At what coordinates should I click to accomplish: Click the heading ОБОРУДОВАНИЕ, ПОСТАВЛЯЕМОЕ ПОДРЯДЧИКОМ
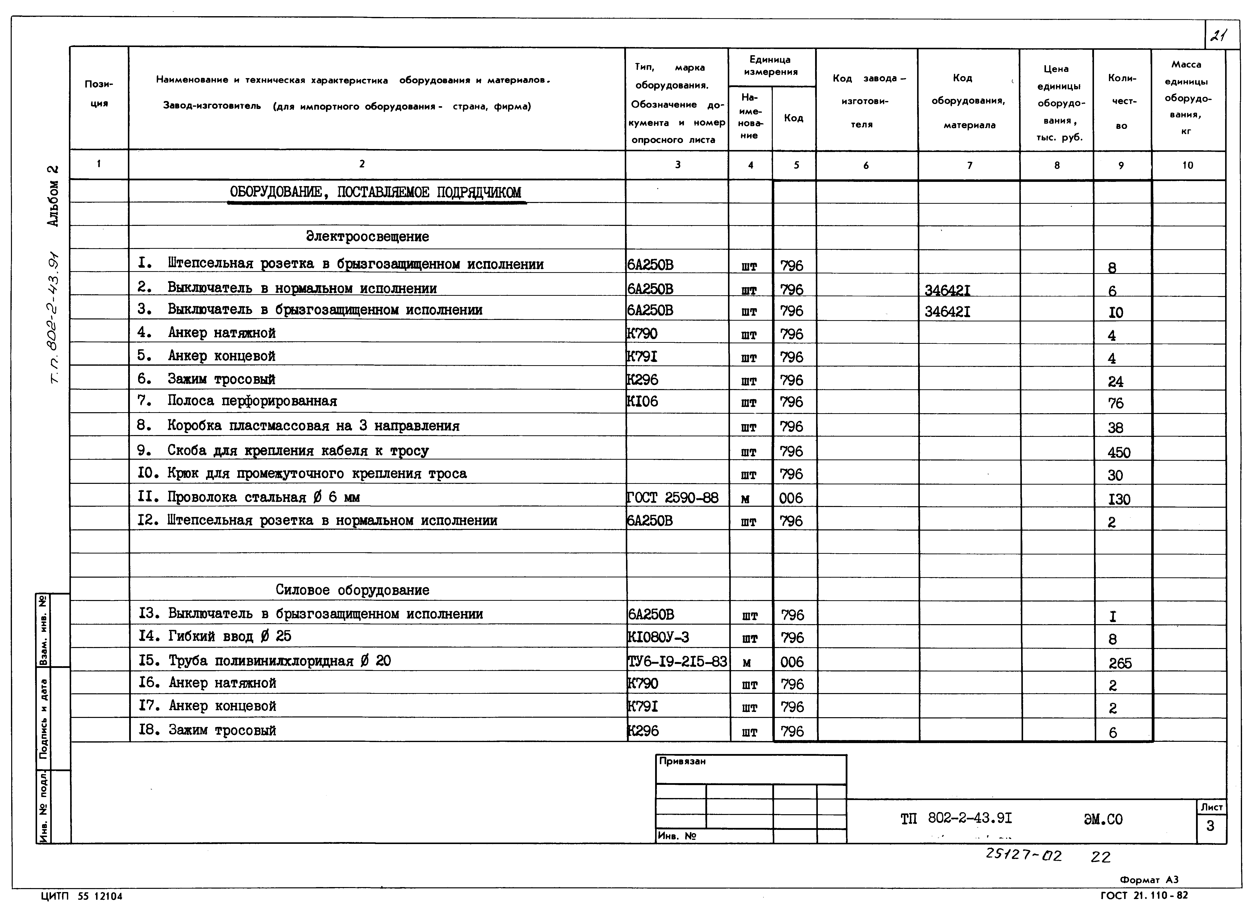point(375,193)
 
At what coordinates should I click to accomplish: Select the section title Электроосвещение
point(367,237)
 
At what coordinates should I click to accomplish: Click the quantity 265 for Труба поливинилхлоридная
point(1120,663)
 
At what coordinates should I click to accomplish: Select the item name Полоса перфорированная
point(252,401)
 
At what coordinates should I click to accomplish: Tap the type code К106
point(643,402)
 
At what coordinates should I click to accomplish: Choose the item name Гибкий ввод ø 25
point(229,636)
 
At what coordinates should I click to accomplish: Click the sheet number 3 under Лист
point(1210,826)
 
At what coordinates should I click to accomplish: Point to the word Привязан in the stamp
point(682,761)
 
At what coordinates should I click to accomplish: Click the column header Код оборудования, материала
point(969,101)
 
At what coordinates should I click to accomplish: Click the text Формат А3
point(1149,880)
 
